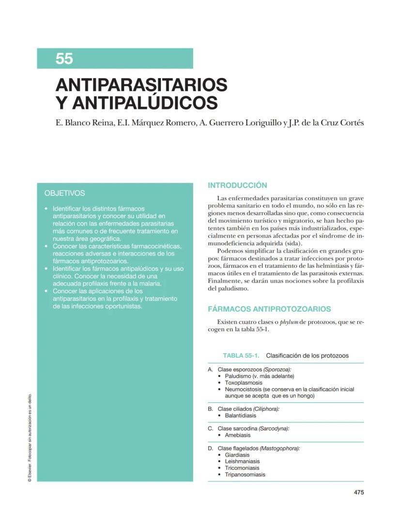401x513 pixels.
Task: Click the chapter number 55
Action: pos(64,59)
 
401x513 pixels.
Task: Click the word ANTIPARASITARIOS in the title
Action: pos(141,85)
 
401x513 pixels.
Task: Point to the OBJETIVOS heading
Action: pos(64,193)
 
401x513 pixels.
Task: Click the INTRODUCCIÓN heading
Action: pos(237,185)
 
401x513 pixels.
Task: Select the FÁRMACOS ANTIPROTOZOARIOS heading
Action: pos(269,309)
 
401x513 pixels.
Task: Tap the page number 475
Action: pos(358,493)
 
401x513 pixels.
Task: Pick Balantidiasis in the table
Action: pos(240,416)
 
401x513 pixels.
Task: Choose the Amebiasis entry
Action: pos(237,435)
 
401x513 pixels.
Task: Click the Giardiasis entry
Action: pos(237,455)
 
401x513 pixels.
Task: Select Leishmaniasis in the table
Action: pos(242,462)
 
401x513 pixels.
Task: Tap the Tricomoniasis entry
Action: pos(242,468)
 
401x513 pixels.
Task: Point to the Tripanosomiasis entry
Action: pos(245,475)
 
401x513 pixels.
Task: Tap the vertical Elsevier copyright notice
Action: pos(30,436)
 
